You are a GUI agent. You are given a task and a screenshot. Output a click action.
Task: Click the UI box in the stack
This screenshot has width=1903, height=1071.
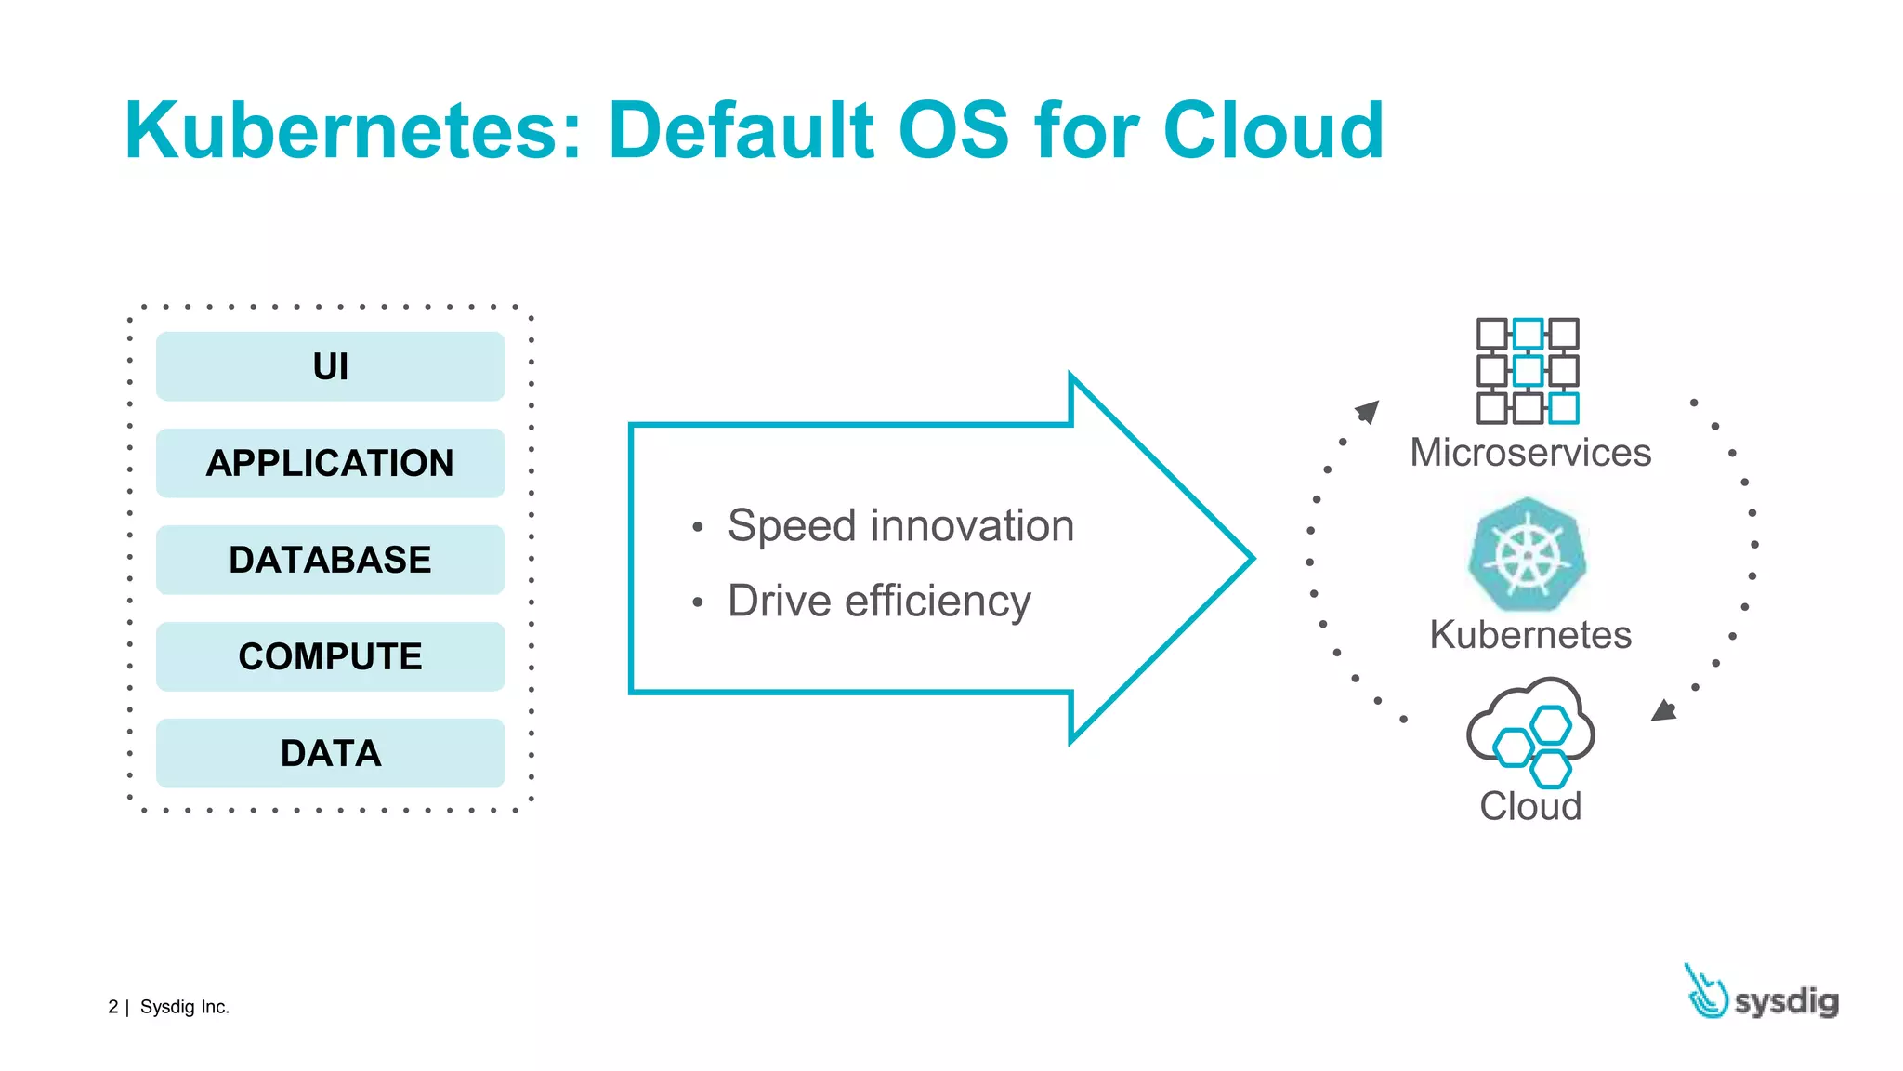(330, 366)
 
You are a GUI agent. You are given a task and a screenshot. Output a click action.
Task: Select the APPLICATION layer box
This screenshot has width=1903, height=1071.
(330, 463)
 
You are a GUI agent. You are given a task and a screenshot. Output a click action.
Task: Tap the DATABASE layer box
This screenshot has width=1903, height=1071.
(330, 560)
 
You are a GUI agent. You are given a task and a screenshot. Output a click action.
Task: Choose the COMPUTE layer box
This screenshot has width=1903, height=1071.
(330, 656)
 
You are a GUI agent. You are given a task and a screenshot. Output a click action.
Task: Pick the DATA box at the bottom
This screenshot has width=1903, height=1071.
(330, 753)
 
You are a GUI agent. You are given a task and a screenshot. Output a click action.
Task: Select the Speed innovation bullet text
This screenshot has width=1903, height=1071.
(899, 526)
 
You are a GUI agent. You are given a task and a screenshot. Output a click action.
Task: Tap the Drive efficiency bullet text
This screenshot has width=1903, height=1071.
(878, 601)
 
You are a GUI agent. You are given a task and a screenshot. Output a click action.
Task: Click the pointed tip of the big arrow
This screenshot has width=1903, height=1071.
(1248, 559)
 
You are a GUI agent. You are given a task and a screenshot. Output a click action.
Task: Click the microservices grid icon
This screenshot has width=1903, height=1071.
(1528, 371)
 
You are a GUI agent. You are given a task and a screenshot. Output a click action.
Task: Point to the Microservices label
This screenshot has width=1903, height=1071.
(1530, 453)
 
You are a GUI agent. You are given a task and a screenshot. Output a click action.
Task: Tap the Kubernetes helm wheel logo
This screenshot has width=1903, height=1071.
(1528, 555)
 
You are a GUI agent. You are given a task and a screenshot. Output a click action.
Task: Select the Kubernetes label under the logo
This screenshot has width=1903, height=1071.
(1530, 635)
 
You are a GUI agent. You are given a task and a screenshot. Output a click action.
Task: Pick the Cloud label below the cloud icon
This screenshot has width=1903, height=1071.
(1530, 806)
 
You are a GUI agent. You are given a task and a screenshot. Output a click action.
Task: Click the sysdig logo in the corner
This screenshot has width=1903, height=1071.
(1762, 995)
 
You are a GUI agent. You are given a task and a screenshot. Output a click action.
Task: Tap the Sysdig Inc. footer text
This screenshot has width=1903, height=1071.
(184, 1007)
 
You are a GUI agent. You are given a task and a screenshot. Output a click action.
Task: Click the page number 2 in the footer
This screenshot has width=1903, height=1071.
(113, 1007)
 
